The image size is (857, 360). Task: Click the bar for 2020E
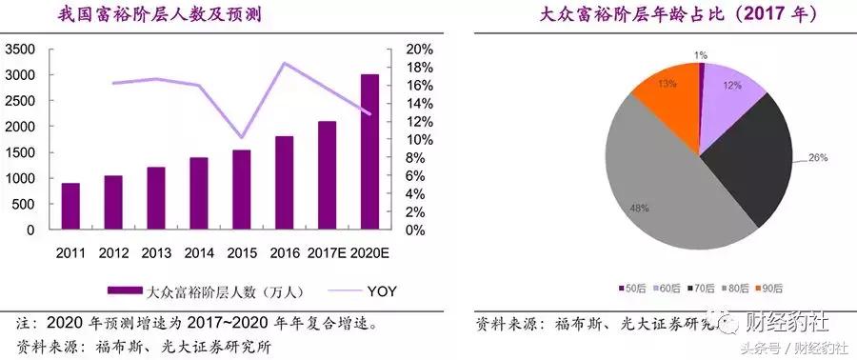click(370, 152)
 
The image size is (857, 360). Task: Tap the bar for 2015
click(242, 190)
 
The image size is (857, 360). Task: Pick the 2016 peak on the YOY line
click(285, 64)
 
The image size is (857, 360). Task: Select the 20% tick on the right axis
click(419, 49)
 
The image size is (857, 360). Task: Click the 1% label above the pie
click(701, 55)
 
